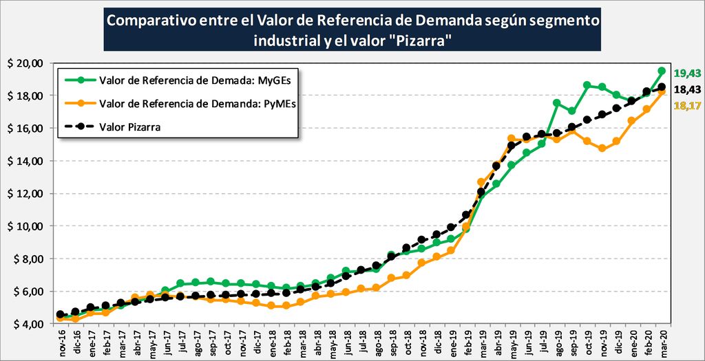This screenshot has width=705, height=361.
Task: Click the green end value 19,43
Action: pos(687,73)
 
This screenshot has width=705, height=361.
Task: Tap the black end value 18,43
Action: pos(687,89)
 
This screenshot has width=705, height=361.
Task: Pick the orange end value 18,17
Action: pos(687,106)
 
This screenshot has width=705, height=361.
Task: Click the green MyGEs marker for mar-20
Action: pos(662,71)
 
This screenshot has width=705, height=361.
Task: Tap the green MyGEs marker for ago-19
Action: pos(556,103)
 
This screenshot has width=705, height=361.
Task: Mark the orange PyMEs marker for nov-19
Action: pos(602,148)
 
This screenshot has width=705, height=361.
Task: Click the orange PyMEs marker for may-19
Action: pos(512,138)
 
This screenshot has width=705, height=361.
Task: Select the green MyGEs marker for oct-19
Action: pos(587,85)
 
